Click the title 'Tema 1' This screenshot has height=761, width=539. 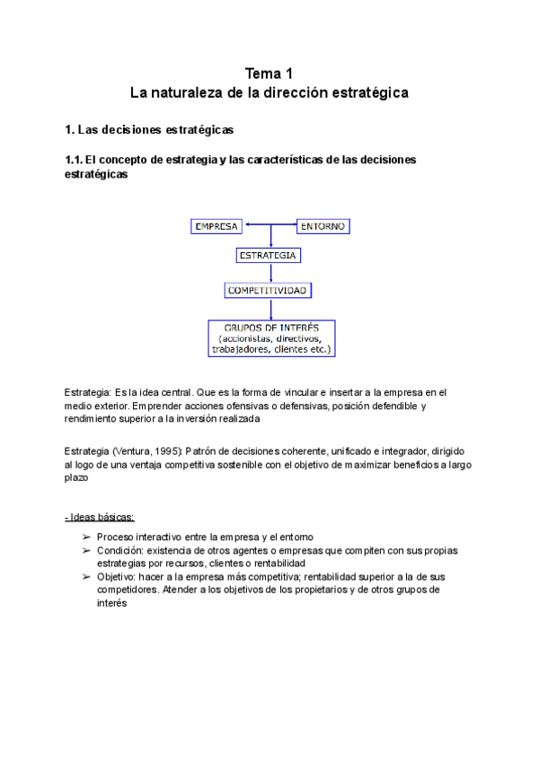[x=269, y=74]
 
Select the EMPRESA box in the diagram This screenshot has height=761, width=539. [x=216, y=226]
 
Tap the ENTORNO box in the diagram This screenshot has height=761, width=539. [x=323, y=226]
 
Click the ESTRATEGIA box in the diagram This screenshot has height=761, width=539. [x=269, y=256]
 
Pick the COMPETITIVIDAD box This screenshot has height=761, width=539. [x=269, y=290]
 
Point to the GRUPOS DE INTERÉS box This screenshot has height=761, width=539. [x=270, y=338]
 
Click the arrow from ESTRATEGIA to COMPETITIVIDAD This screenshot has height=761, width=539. [x=270, y=273]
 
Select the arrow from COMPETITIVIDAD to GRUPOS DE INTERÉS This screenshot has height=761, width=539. [x=270, y=309]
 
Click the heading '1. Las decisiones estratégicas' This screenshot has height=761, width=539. [x=149, y=130]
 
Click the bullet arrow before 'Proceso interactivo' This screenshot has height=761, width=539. [x=85, y=536]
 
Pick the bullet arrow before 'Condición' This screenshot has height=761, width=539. [x=85, y=549]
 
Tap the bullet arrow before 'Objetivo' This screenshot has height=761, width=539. [x=85, y=577]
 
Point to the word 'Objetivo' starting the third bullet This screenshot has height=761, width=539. [x=118, y=577]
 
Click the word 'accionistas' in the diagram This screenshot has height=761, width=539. [x=244, y=339]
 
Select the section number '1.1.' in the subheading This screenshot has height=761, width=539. [x=75, y=160]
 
